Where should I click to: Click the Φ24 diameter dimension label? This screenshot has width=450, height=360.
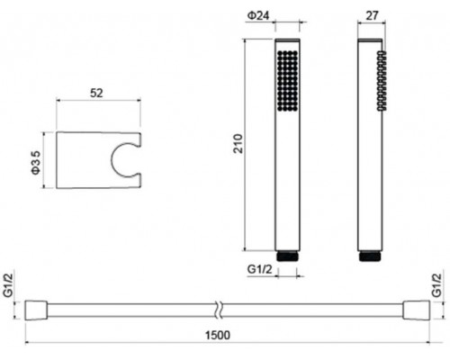coord(258,15)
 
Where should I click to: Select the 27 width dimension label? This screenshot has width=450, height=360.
coord(372,15)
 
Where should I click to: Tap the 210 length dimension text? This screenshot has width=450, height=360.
coord(238,144)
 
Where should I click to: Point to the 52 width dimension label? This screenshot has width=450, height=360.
coord(96,93)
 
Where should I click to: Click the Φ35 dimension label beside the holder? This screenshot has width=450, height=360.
coord(36,162)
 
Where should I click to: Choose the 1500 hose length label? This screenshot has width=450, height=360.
coord(218,335)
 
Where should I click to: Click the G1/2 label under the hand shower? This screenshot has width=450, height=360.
coord(260,269)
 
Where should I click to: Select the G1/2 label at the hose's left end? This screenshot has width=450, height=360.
coord(9,285)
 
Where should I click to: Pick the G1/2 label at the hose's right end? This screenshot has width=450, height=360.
coord(436,285)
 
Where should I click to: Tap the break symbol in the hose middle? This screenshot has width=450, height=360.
coord(219,310)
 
